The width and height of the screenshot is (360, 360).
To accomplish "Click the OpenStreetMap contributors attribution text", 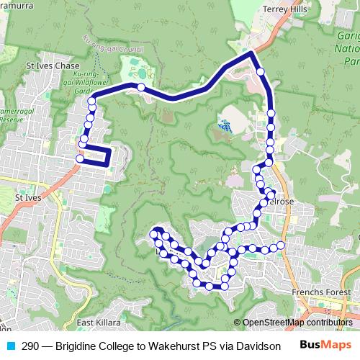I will [297, 323].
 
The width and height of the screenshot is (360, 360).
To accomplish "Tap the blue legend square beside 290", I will [10, 345].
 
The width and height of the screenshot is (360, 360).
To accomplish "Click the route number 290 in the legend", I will [30, 345].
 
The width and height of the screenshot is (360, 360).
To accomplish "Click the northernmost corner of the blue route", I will [250, 53].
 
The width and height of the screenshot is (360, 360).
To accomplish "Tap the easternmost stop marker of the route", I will [282, 246].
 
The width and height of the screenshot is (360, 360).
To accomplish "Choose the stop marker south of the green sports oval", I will [141, 87].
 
